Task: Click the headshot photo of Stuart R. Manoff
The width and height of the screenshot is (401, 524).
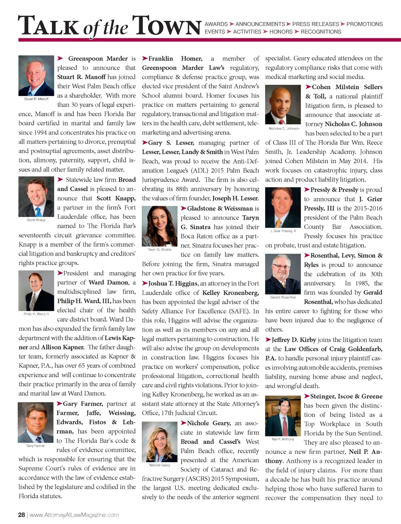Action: click(36, 76)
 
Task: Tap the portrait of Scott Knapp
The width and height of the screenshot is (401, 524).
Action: click(36, 196)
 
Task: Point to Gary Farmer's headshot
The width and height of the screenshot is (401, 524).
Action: click(36, 423)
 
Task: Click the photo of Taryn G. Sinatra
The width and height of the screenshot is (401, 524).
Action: click(159, 226)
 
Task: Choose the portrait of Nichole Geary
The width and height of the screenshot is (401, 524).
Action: click(159, 442)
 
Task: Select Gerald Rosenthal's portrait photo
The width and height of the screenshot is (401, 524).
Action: click(283, 274)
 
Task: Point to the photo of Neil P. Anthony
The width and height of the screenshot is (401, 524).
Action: click(283, 416)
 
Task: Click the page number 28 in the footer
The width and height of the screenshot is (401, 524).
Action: click(22, 515)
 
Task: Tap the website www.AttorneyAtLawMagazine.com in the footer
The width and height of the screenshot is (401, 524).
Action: click(74, 515)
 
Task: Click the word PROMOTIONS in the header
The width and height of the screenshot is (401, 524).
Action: click(364, 24)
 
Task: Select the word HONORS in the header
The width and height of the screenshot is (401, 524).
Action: click(281, 32)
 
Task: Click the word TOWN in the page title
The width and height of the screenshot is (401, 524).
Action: click(166, 27)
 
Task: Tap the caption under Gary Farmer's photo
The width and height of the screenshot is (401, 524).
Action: click(36, 446)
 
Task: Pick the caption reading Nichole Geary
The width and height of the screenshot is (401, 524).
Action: click(159, 465)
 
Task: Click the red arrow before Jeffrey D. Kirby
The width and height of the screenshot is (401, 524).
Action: click(268, 340)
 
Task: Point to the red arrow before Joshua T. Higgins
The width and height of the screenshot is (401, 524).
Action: click(145, 283)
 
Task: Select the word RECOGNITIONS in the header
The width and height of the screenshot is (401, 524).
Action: click(321, 32)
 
